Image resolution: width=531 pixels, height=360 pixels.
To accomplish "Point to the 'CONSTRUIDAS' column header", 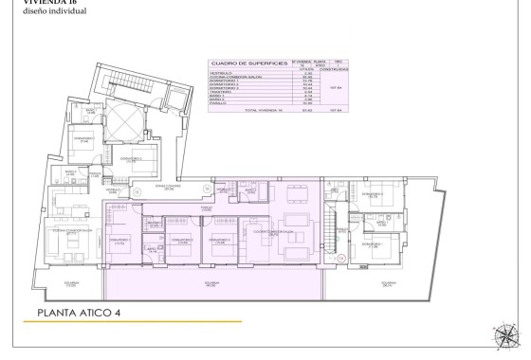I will (x=333, y=69).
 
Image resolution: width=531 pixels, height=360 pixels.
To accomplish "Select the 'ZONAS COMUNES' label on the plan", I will (x=167, y=188).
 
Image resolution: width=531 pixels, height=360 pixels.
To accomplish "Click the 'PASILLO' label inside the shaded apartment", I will (x=205, y=207).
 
